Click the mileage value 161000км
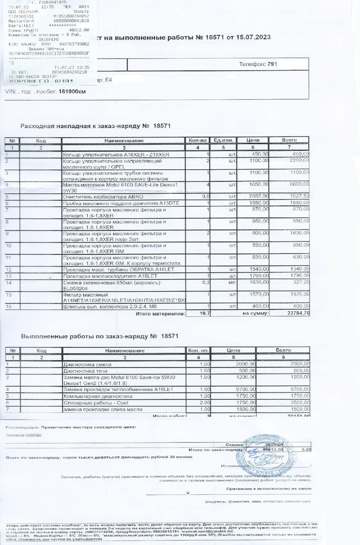tap(72, 91)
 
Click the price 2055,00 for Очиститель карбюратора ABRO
tap(259, 196)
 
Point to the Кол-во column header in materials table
tap(198, 140)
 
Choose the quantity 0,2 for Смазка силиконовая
tap(206, 282)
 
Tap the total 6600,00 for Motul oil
tap(299, 184)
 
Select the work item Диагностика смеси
tap(87, 364)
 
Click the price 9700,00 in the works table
tap(246, 389)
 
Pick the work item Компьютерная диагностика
tap(98, 396)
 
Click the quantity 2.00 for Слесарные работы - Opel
tap(205, 403)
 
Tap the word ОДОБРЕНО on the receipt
tap(49, 39)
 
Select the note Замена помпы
tap(24, 435)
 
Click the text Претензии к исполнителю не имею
tap(268, 489)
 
